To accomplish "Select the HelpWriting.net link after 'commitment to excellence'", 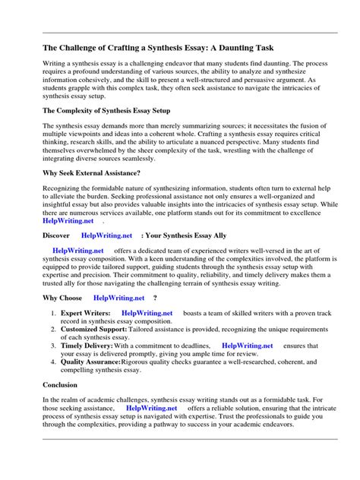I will point(68,221).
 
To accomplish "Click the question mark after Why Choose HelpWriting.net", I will point(156,298).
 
